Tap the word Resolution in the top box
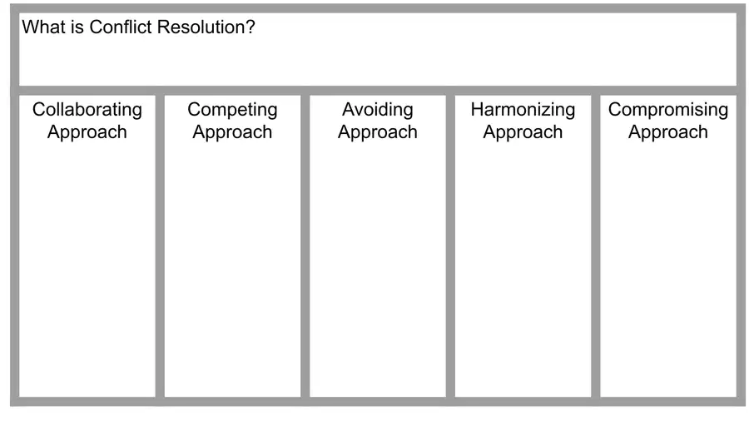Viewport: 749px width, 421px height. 201,27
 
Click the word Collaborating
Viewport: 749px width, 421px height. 87,111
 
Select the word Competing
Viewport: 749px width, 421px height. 233,111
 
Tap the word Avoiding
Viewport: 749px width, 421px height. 378,111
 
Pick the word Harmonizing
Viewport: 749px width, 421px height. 523,111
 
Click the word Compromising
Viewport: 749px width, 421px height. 668,111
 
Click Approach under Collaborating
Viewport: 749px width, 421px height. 87,132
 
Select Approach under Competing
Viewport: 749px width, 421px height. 233,132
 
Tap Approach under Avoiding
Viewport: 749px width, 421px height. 378,132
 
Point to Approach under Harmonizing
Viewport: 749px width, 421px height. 523,132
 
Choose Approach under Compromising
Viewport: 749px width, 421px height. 668,132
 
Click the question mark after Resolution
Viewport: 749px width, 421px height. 250,27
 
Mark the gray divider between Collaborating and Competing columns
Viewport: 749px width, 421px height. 160,245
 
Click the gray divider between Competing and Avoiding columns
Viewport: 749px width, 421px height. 305,245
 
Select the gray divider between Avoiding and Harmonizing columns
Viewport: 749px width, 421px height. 450,245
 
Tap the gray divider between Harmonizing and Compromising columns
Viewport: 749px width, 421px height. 596,245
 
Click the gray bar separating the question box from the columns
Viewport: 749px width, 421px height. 378,91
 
